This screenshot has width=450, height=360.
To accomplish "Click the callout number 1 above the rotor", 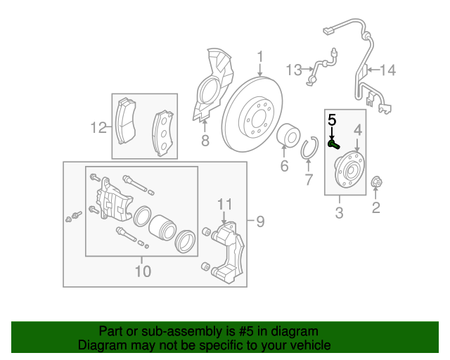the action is pos(260,57).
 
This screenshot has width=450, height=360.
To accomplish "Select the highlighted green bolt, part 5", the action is pos(334,144).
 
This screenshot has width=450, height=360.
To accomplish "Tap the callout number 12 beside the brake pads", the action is pos(98,127).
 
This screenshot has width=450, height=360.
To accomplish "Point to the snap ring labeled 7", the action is pos(309,148).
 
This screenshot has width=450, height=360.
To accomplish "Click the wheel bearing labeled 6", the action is pos(288,135).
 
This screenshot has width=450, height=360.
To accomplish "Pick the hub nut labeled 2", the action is pos(377,181).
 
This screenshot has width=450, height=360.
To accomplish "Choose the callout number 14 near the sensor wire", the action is pos(388,70).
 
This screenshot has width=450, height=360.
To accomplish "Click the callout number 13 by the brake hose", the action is pos(294,70).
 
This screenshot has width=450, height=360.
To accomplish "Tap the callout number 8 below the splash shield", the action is pos(205,141).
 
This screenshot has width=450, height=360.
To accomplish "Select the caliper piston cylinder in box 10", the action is pos(162,228).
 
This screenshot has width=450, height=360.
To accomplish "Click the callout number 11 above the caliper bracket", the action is pos(224,205).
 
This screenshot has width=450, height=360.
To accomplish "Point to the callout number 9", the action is pos(260,221).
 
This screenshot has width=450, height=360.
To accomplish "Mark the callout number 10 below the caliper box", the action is pos(143,271).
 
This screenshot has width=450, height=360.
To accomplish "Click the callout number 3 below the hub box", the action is pos(339,213).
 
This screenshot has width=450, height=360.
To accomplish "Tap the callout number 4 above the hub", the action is pos(358,130).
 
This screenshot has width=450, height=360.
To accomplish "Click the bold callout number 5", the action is pos(332,120).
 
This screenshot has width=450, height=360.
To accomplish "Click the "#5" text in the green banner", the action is pos(246,331).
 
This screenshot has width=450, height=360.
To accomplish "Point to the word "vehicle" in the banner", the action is pos(312,345).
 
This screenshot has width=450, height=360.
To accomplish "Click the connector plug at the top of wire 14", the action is pos(329,30).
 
